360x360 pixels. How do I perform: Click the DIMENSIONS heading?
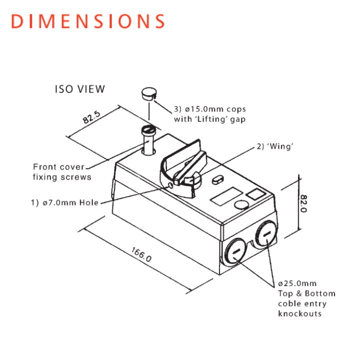point(87,21)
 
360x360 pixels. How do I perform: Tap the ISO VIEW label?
point(80,89)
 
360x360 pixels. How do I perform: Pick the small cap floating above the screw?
point(148,93)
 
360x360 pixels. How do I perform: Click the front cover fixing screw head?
point(148,131)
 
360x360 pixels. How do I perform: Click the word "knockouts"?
point(299,313)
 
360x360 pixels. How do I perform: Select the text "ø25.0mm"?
point(297,283)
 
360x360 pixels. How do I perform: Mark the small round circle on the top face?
point(241,203)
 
